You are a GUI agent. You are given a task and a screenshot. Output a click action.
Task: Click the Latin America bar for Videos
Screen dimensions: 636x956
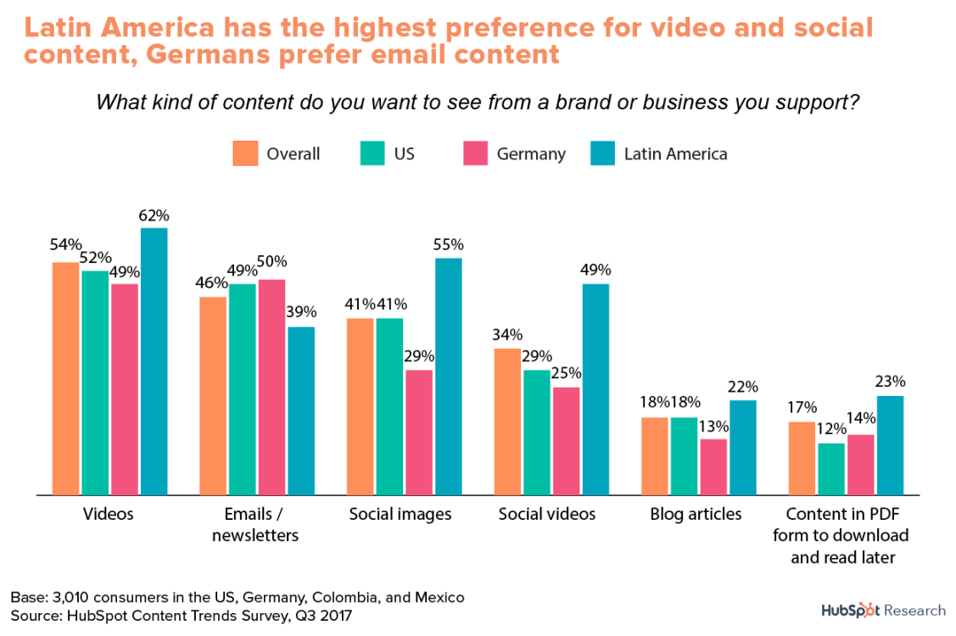click(x=154, y=361)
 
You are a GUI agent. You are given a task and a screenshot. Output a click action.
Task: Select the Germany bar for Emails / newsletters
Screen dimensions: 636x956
click(x=271, y=387)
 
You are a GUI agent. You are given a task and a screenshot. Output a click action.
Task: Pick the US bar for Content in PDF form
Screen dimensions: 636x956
click(x=831, y=468)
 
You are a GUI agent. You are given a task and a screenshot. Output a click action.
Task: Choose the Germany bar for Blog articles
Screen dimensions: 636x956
click(x=713, y=466)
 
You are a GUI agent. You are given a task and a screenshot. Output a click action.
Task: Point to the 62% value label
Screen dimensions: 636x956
click(x=154, y=215)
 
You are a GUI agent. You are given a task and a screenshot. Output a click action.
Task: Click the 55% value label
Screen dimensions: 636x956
click(x=449, y=245)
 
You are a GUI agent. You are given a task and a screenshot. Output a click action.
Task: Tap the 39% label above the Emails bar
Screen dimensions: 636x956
click(x=301, y=312)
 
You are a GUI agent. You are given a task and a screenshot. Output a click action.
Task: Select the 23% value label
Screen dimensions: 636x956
click(x=890, y=382)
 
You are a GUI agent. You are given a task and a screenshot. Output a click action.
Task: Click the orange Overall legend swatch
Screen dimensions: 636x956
click(x=245, y=153)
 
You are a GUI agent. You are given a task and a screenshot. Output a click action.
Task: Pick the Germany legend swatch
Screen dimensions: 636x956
click(x=475, y=153)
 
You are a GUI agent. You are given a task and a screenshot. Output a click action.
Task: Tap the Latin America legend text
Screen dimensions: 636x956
click(x=675, y=153)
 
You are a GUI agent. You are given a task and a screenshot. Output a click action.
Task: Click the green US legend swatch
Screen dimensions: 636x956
click(x=372, y=153)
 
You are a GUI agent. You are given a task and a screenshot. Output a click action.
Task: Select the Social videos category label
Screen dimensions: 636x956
click(x=547, y=514)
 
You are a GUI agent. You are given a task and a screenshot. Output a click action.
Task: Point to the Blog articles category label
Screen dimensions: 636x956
click(x=696, y=514)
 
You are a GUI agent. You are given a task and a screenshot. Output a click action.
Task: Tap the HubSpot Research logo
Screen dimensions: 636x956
click(x=882, y=610)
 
